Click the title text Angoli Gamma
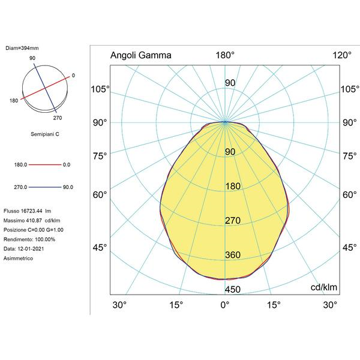coord(141,55)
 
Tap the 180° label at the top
coord(225,55)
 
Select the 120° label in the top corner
coord(342,55)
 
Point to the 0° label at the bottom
coord(225,305)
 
